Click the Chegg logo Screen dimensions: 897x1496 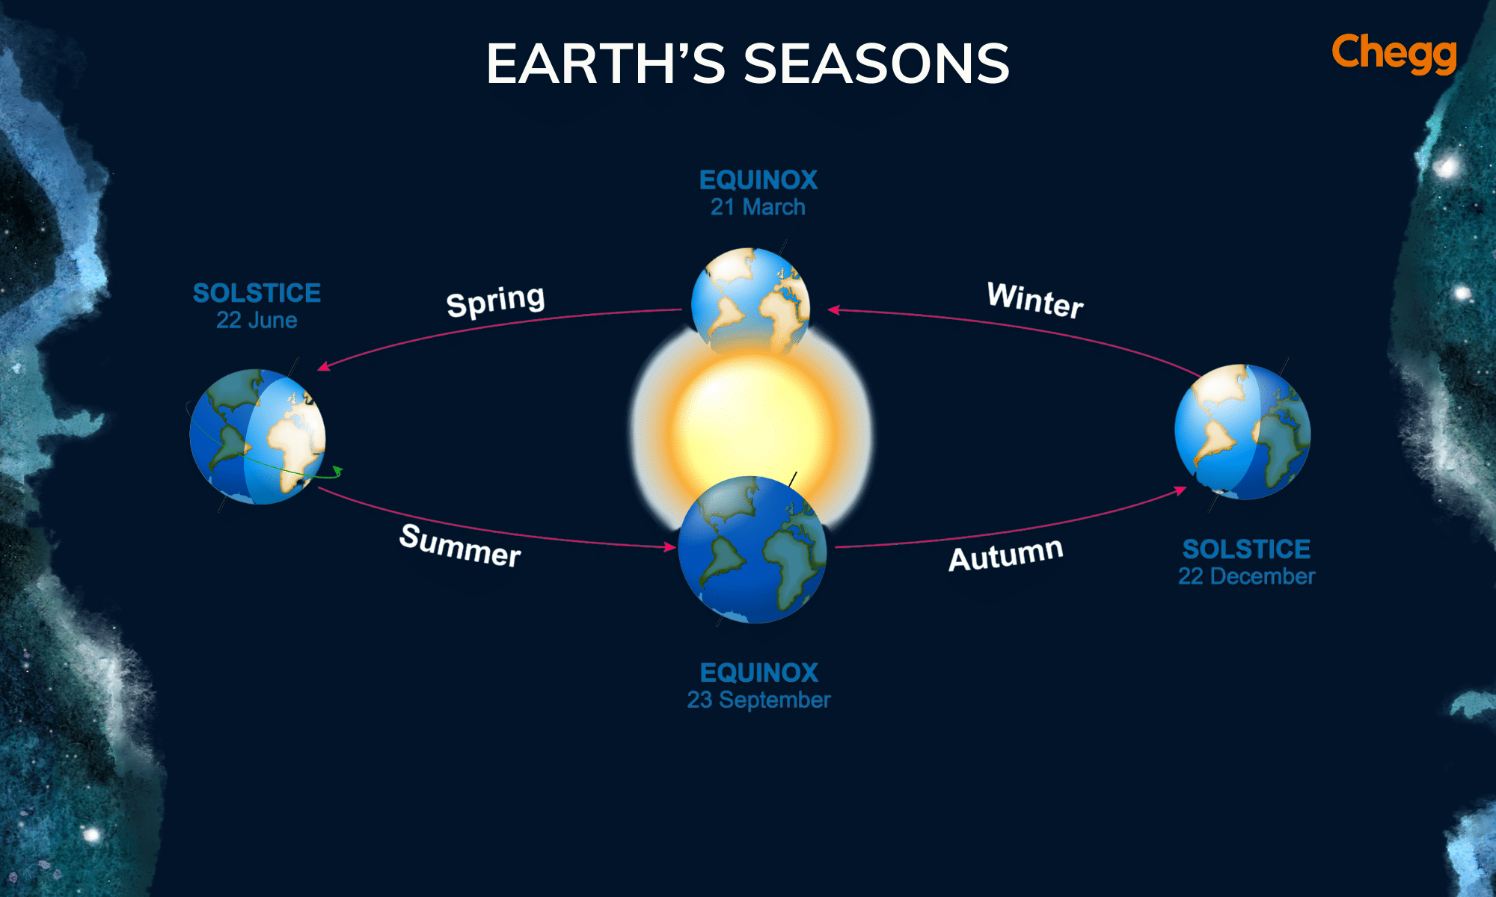click(1394, 53)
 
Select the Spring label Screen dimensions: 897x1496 click(495, 301)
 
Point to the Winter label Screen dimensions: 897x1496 click(1035, 300)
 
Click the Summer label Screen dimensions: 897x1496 click(460, 546)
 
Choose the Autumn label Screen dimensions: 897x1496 click(1005, 555)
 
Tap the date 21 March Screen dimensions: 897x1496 click(758, 207)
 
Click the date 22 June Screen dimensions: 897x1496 click(257, 321)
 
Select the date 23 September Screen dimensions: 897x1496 click(758, 700)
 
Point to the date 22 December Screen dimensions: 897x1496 click(1246, 576)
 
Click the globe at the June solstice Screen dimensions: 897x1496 click(257, 437)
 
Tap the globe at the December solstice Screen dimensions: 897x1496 click(1242, 432)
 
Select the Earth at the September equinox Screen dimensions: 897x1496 click(752, 549)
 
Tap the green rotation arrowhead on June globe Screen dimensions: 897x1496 click(338, 471)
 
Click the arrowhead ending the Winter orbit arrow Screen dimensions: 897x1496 click(833, 309)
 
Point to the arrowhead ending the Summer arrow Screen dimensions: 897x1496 click(670, 547)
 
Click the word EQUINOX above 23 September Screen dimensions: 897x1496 click(758, 673)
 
